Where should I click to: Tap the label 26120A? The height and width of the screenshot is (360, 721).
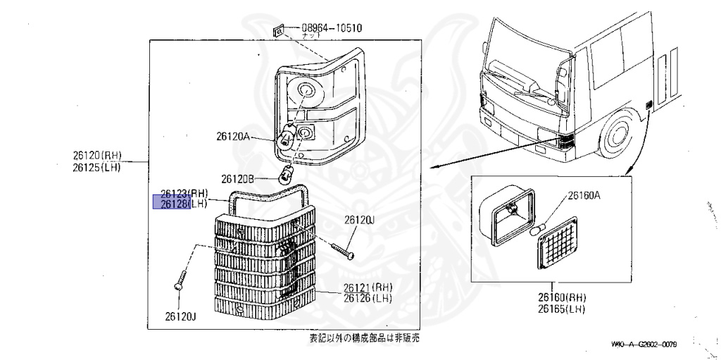233,138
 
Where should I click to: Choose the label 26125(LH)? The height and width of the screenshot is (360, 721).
96,167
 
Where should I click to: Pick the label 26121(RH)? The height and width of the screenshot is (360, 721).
368,287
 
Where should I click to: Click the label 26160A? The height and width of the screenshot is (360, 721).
584,196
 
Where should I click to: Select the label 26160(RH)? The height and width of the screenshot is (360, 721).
561,298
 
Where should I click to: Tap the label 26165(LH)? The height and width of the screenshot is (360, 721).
561,309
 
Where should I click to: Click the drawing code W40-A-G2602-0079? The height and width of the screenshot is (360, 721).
644,344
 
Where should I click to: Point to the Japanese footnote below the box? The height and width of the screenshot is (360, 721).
364,339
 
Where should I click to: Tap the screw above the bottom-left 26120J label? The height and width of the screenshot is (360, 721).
177,280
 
